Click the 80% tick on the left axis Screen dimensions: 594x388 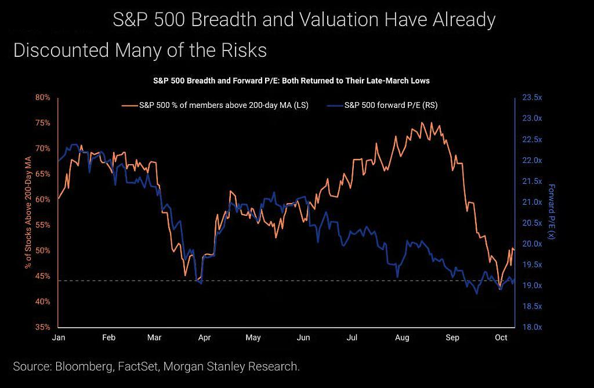tap(43, 97)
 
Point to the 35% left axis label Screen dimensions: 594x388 tap(43, 327)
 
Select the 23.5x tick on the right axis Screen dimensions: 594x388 tap(533, 97)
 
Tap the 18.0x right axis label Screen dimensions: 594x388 tap(533, 327)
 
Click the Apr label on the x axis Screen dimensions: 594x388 tap(204, 337)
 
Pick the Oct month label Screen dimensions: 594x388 tap(501, 337)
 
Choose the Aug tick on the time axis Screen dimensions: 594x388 tap(402, 337)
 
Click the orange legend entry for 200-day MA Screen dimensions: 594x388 tap(215, 106)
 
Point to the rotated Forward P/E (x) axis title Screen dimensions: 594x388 tap(551, 212)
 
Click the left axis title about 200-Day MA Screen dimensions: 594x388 tap(28, 212)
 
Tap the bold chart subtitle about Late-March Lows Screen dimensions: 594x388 tap(291, 81)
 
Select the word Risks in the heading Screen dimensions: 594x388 tap(244, 50)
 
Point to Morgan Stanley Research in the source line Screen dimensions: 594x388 tap(231, 367)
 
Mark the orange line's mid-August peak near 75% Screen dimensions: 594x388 tap(422, 122)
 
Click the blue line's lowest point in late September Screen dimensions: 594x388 tap(477, 293)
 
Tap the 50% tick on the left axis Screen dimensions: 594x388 tap(43, 251)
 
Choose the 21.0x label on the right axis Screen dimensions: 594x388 tap(533, 202)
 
